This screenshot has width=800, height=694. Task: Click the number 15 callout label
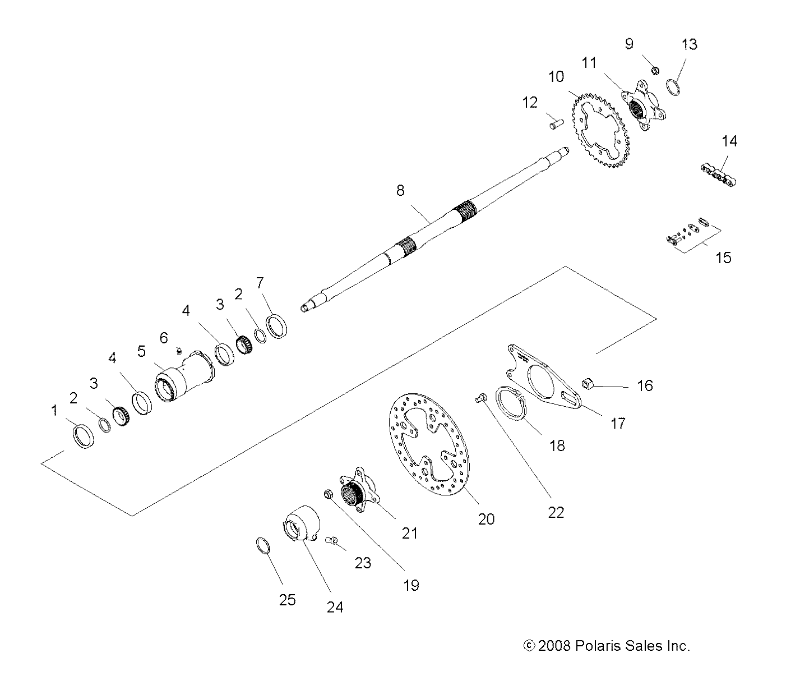tap(724, 258)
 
